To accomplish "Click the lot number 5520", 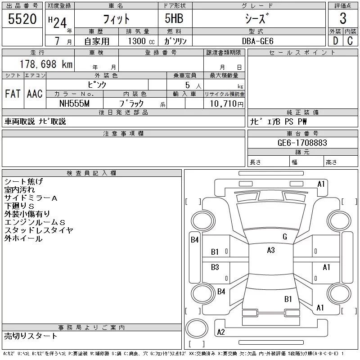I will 22,18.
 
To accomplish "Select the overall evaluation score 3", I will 343,18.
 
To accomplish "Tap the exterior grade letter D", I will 335,40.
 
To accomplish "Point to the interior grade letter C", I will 350,40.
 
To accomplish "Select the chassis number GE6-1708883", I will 302,143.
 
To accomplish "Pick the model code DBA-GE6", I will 261,40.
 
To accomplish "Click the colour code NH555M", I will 75,103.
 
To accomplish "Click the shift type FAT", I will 13,94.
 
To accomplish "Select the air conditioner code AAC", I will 35,94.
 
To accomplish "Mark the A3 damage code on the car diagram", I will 270,250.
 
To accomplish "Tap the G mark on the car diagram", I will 284,237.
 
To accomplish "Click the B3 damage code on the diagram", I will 215,267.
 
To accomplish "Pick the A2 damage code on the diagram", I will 221,332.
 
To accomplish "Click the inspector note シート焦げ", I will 23,182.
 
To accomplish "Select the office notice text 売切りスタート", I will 31,336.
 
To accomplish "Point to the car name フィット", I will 117,18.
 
